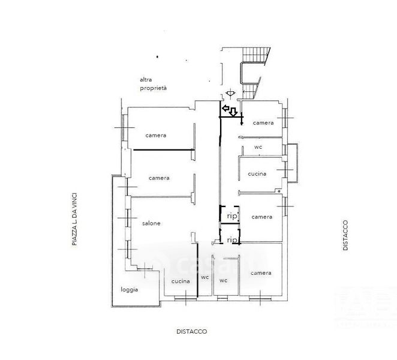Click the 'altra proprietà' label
click(153, 83)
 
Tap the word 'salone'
click(151, 224)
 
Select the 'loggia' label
click(129, 290)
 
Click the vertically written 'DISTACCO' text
click(345, 235)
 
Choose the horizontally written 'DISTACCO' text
click(192, 331)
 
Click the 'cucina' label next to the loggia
click(181, 281)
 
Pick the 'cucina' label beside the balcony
click(257, 175)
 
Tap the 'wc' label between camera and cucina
click(258, 146)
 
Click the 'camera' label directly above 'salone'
click(159, 178)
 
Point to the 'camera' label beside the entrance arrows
click(263, 123)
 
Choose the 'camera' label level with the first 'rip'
click(262, 217)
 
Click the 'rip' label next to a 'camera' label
click(231, 215)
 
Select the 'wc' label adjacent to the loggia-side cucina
click(204, 277)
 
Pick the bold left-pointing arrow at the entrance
click(226, 109)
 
